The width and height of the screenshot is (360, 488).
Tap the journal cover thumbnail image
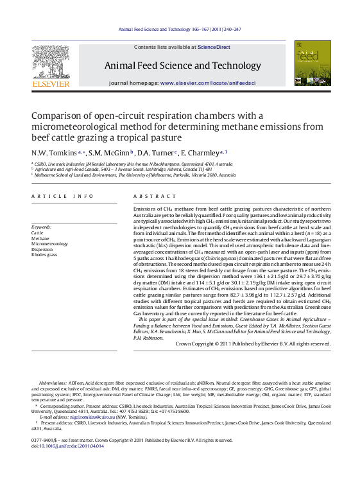(313, 64)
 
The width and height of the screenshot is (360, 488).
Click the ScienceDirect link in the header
(214, 47)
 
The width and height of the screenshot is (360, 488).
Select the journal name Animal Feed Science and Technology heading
(182, 65)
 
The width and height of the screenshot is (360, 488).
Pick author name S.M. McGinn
(108, 153)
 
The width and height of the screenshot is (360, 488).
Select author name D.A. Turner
(155, 153)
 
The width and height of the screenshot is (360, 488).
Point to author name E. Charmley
(199, 153)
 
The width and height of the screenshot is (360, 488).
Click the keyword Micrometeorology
(49, 244)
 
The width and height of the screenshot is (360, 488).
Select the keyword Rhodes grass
(44, 254)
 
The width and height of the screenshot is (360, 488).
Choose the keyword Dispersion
(42, 249)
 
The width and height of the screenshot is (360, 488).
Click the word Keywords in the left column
(42, 227)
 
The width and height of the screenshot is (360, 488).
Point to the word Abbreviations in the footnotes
(54, 383)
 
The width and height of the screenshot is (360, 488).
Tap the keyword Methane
(40, 239)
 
